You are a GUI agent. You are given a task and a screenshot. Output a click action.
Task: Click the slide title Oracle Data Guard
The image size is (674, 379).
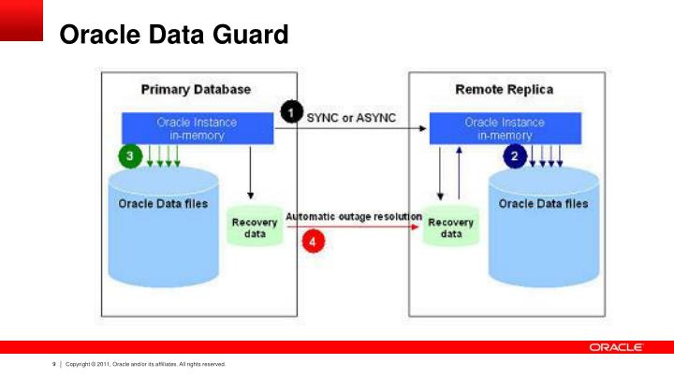click(x=173, y=36)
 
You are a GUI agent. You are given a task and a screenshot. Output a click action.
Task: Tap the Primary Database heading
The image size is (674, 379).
click(x=196, y=90)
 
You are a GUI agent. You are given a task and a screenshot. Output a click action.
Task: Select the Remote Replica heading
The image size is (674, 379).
click(x=504, y=90)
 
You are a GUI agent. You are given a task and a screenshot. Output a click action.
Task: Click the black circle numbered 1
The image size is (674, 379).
click(x=291, y=113)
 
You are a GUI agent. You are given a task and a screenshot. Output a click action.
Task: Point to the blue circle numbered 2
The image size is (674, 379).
click(x=512, y=156)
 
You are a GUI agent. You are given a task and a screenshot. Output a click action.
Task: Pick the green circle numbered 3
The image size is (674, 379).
click(x=129, y=156)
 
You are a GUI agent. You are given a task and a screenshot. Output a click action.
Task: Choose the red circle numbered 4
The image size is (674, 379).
click(x=315, y=241)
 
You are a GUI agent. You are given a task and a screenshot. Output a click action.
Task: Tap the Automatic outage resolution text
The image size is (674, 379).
click(x=353, y=216)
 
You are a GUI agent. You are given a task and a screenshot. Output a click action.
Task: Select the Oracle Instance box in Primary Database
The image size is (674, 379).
click(x=197, y=128)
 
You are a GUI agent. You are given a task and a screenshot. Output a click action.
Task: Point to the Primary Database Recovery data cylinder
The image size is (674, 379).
click(x=255, y=226)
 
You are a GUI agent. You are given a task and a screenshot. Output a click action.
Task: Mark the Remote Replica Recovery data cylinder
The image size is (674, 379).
click(x=450, y=226)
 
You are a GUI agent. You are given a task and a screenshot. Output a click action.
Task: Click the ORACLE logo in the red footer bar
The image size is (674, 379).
click(x=616, y=347)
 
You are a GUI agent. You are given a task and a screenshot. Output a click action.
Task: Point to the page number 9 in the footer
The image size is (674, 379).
click(x=54, y=364)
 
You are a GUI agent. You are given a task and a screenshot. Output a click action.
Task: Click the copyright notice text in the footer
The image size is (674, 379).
click(x=145, y=364)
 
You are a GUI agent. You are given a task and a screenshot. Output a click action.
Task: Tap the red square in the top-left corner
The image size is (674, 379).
click(x=22, y=20)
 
